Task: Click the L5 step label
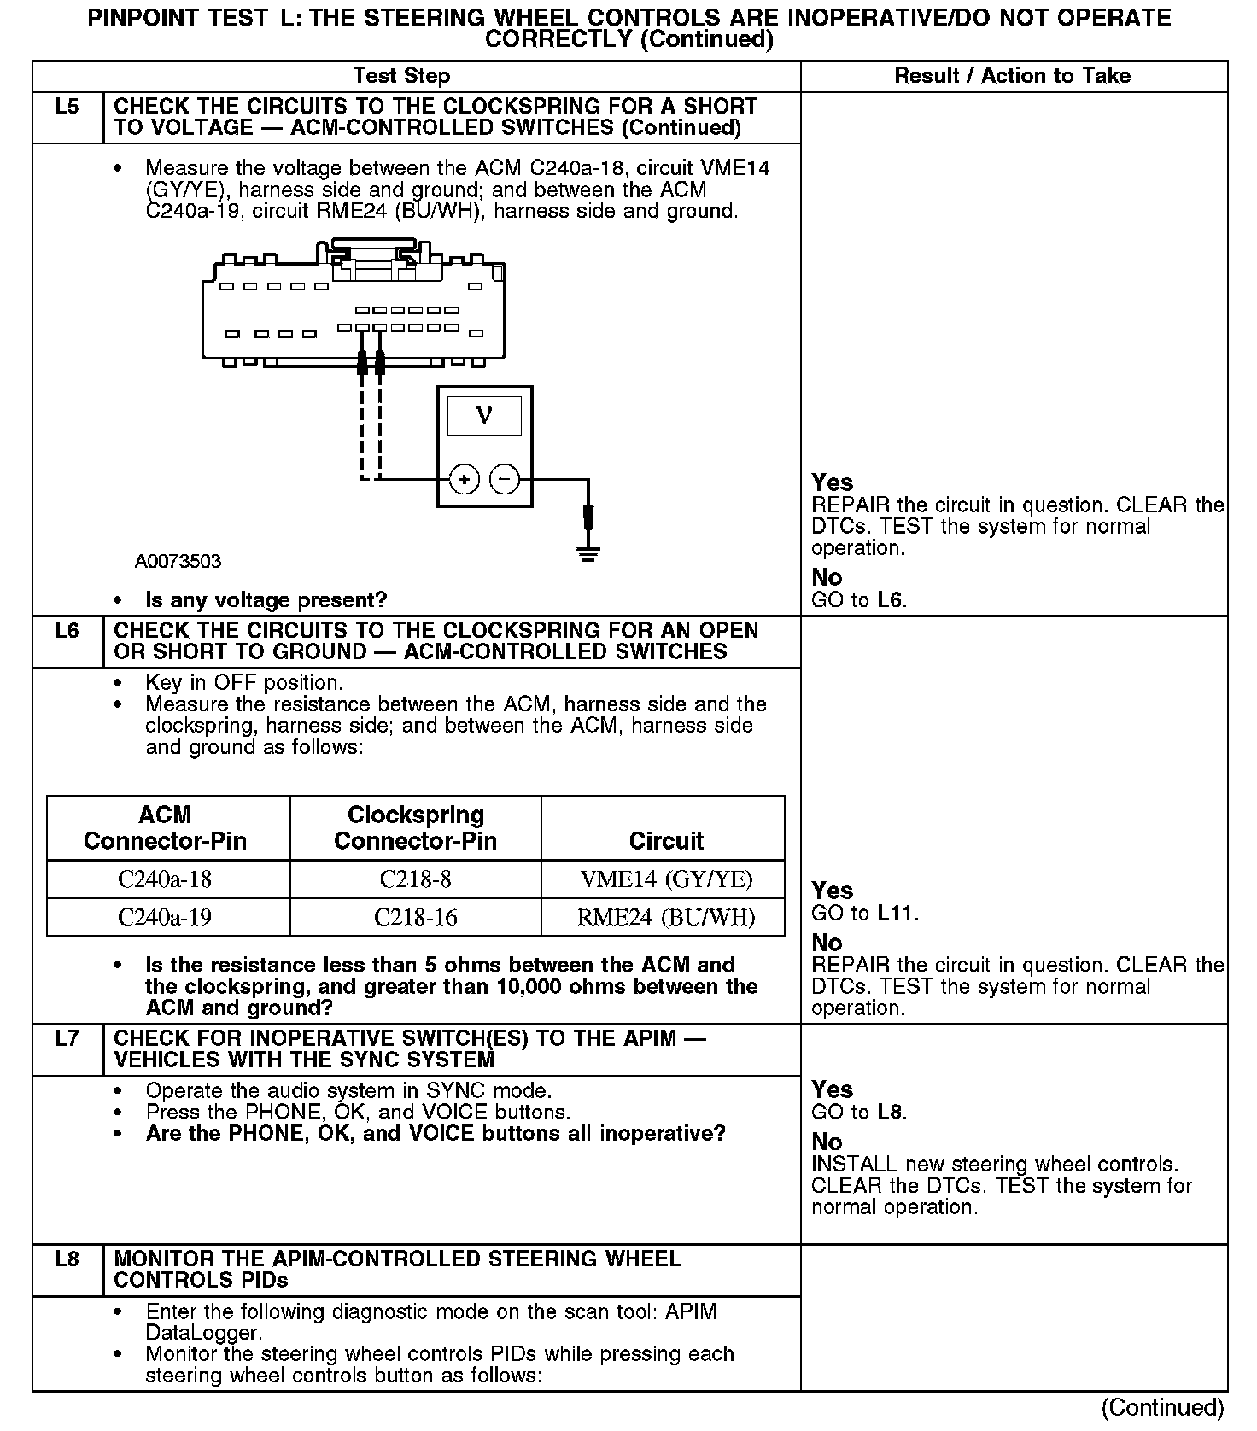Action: (67, 108)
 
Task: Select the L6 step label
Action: (67, 631)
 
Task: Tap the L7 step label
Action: (67, 1039)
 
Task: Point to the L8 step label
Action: (67, 1259)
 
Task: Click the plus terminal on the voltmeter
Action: (464, 480)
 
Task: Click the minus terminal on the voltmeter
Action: (505, 480)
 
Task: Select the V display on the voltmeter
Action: (484, 417)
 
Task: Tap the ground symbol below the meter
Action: (588, 553)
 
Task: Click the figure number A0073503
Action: (178, 562)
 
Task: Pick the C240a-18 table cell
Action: (165, 879)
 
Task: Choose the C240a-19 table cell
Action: (165, 918)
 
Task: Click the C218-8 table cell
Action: (415, 879)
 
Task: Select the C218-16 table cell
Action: (415, 918)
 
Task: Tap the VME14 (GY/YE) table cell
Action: (666, 879)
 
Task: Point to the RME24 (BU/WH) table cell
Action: (666, 918)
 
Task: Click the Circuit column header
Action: (666, 841)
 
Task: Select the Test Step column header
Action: (401, 76)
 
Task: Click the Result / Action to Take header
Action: (1012, 76)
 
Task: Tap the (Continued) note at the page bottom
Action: (1162, 1407)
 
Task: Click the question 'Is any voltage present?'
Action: (266, 600)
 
